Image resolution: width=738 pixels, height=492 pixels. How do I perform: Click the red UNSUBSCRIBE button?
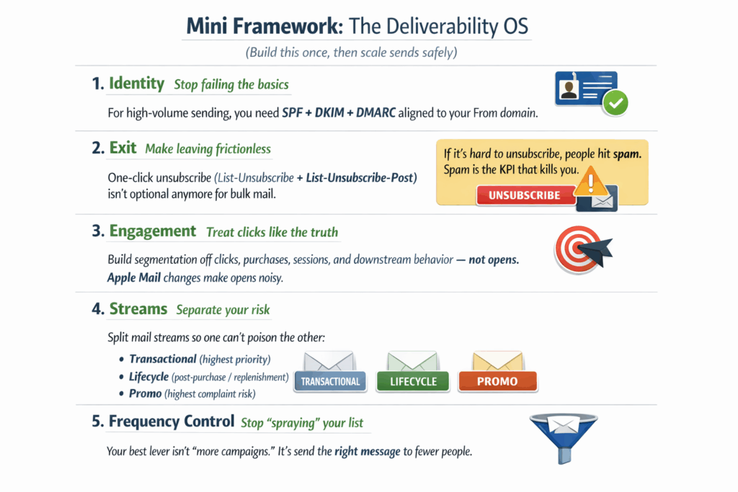525,195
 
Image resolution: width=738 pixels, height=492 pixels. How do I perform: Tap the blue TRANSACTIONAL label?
330,382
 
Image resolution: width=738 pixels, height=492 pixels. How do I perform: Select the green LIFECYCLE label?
413,382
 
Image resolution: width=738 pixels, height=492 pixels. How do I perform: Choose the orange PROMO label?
497,382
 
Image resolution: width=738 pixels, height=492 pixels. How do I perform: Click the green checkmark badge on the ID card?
615,102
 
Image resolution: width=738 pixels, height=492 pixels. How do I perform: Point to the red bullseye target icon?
578,249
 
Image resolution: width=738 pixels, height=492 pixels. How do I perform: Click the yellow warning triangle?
591,182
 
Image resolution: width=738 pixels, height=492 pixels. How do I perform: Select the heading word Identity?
136,84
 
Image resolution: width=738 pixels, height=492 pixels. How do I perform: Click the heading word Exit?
123,148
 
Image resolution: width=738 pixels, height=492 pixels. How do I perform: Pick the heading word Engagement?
153,231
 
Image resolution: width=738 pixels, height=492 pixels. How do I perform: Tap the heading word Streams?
138,308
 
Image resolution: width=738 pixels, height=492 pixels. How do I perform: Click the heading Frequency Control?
172,421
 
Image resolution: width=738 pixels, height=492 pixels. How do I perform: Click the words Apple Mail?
134,277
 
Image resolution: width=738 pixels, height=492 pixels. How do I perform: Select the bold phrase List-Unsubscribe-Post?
360,178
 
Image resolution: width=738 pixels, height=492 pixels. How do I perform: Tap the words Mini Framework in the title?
265,26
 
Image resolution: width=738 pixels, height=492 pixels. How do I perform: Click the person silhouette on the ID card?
569,89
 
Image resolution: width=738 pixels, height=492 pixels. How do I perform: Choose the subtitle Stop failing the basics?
231,85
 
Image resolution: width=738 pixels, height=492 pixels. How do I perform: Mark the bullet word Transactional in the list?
163,359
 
